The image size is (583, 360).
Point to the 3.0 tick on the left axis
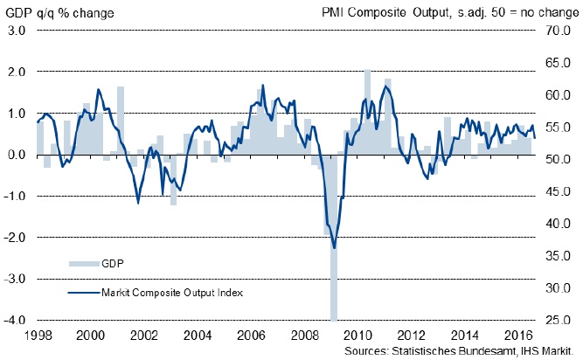[17, 31]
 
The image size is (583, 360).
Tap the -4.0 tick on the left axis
[15, 321]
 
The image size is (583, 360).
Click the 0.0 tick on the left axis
[17, 155]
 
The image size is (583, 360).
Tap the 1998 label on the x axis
[37, 335]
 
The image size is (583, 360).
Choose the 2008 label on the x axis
[303, 335]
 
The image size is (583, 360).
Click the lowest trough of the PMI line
[334, 248]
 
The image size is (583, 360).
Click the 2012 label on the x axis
[411, 335]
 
